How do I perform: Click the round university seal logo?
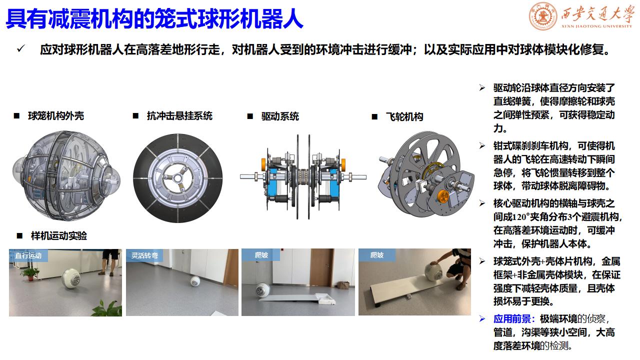[x=543, y=16]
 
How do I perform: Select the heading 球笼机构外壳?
[x=56, y=116]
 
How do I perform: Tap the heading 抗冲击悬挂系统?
[x=179, y=116]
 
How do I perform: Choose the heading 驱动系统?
[x=280, y=116]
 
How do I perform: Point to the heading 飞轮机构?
[x=404, y=117]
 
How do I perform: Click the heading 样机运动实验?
[x=59, y=236]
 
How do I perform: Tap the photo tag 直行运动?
[x=28, y=255]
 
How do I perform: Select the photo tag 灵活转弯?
[x=144, y=255]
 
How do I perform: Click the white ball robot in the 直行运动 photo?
[x=71, y=279]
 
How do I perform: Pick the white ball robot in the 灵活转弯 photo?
[x=194, y=280]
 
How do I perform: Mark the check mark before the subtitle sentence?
[x=21, y=48]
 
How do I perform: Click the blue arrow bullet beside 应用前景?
[x=482, y=319]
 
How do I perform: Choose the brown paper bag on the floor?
[x=343, y=285]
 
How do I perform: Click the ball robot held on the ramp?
[x=433, y=272]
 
